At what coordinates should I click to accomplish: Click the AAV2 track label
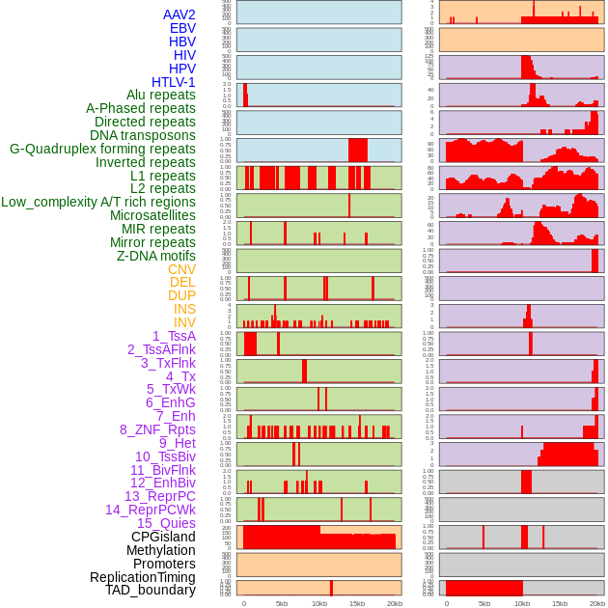tap(180, 14)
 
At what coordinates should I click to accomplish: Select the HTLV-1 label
tap(174, 82)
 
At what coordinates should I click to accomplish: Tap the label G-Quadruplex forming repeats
tap(102, 150)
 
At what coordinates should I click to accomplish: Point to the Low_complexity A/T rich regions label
tap(98, 202)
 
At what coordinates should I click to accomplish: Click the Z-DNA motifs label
tap(156, 256)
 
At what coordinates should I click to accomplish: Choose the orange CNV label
tap(181, 269)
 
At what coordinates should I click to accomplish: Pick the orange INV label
tap(184, 322)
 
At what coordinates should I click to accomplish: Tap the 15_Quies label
tap(166, 523)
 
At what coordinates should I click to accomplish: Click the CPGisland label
tap(163, 537)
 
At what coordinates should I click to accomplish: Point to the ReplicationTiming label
tap(143, 577)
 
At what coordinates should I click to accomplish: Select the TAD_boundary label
tap(150, 590)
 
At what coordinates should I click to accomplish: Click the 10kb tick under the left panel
tap(318, 603)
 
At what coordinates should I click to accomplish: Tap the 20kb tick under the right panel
tap(596, 603)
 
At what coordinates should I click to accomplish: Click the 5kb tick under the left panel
tap(281, 603)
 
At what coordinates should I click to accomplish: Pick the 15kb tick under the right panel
tap(559, 603)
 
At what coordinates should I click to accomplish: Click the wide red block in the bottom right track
tap(484, 587)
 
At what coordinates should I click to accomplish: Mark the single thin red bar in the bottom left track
tap(331, 587)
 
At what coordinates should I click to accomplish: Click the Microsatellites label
tap(152, 215)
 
